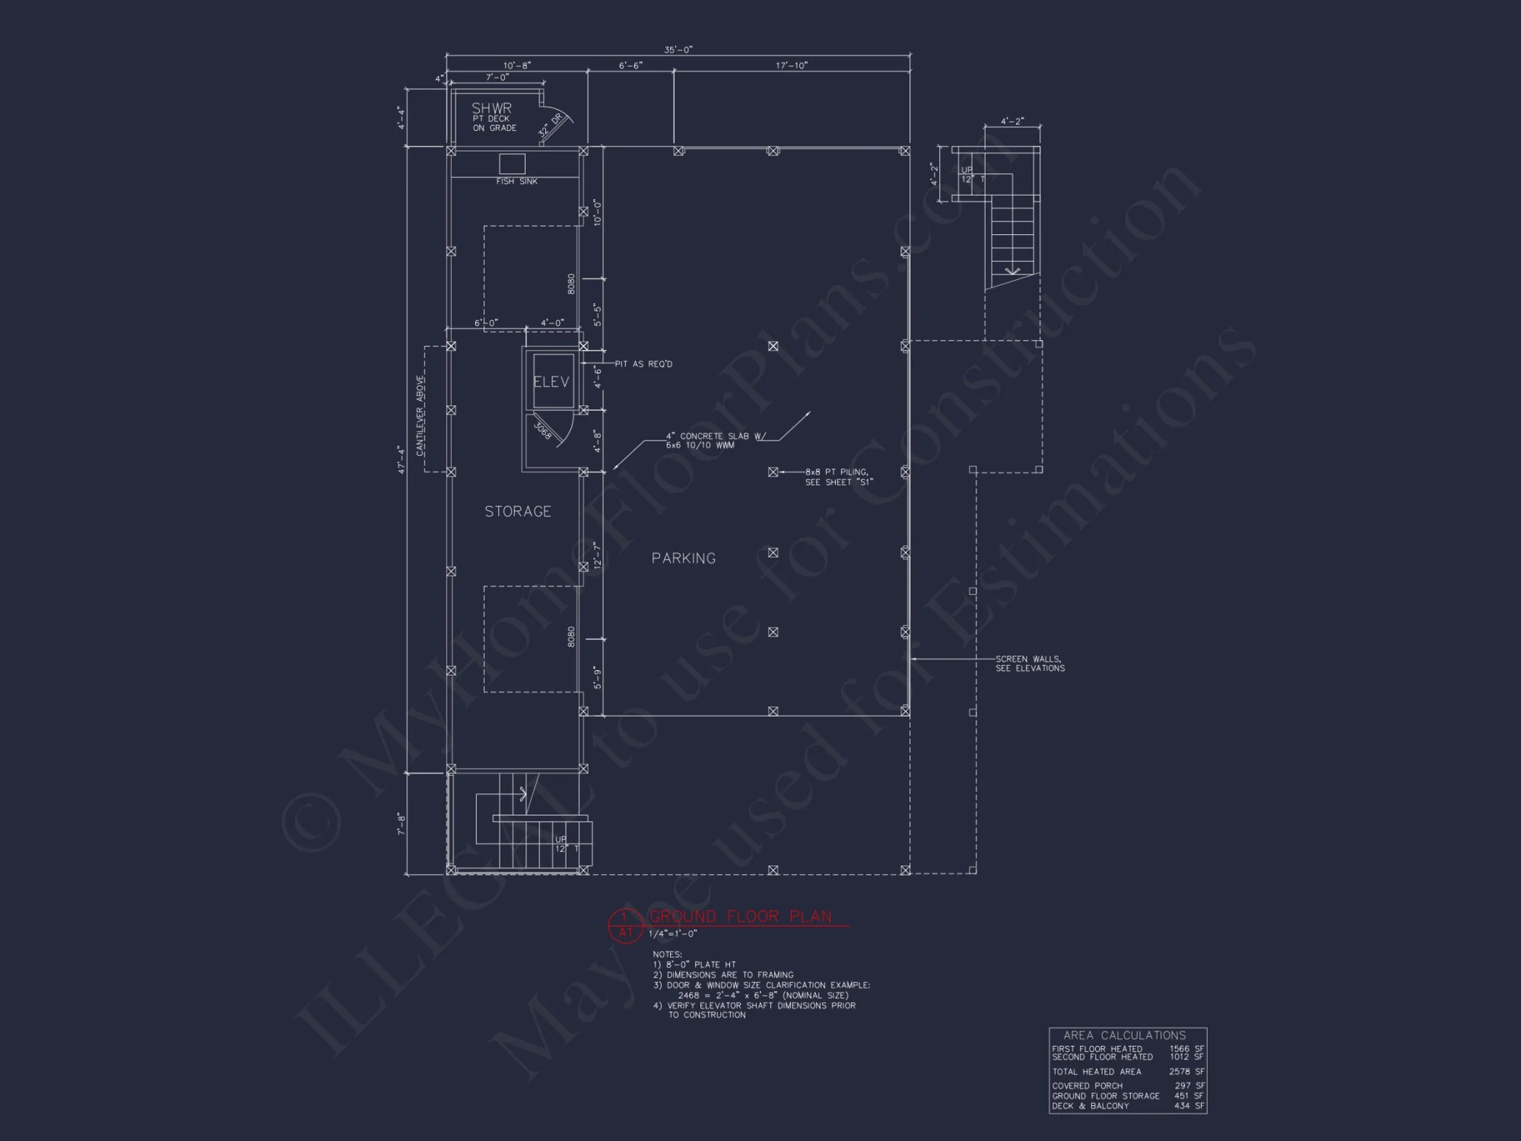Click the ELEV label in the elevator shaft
tap(551, 382)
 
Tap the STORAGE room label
tap(518, 511)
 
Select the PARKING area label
tap(683, 558)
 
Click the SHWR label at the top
tap(491, 108)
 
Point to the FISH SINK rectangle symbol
tap(512, 164)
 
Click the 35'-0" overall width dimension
tap(678, 49)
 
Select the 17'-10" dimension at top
tap(791, 65)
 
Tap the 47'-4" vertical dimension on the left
tap(401, 460)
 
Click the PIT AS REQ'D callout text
tap(643, 364)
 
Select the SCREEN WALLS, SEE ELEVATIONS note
tap(1030, 663)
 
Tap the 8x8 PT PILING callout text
tap(838, 476)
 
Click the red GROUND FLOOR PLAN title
tap(740, 916)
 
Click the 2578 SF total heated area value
tap(1186, 1071)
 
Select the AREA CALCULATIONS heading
tap(1124, 1035)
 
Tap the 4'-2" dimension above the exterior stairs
tap(1011, 121)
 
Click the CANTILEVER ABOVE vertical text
tap(420, 415)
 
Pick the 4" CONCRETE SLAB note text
tap(715, 440)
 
